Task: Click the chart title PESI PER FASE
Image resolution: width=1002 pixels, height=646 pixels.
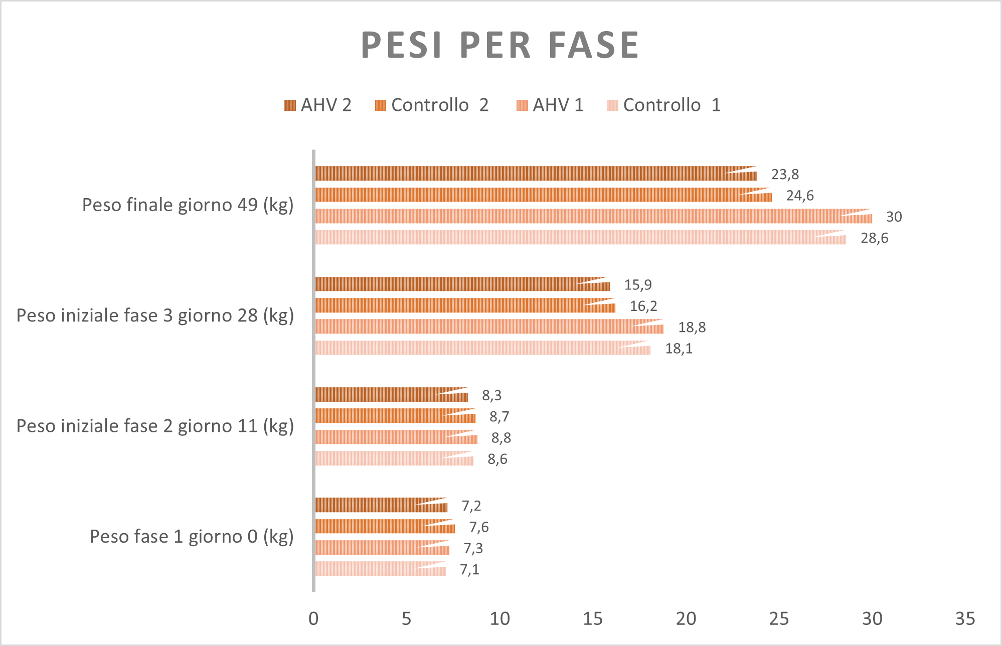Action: [x=500, y=45]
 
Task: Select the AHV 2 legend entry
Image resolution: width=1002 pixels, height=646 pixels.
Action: [x=318, y=105]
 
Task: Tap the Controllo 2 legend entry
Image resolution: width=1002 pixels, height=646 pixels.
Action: [x=431, y=105]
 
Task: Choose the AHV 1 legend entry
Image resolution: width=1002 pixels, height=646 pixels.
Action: [x=550, y=105]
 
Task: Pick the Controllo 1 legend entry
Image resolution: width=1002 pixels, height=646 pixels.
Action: [x=663, y=105]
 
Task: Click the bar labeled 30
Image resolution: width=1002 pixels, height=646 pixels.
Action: [x=592, y=216]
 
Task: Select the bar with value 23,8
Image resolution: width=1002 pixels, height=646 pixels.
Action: [x=534, y=174]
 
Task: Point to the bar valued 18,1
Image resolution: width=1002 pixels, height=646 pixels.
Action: [x=481, y=348]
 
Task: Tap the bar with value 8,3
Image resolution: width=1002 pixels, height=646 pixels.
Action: [x=391, y=395]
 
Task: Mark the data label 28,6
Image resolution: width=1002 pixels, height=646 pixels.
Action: [x=874, y=238]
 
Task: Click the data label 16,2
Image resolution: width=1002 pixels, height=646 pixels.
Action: [x=643, y=306]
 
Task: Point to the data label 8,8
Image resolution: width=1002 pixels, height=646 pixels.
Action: [x=501, y=438]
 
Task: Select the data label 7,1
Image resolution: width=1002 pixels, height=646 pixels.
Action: [x=469, y=570]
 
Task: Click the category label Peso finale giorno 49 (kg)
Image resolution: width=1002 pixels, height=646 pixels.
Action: [x=188, y=205]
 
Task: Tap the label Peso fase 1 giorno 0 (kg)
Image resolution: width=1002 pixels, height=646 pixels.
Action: [x=192, y=537]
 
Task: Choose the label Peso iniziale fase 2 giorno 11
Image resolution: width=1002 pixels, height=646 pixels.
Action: [x=155, y=426]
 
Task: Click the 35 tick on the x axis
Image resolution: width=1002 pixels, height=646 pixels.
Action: [x=965, y=619]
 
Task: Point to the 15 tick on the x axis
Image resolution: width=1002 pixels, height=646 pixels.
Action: [x=593, y=619]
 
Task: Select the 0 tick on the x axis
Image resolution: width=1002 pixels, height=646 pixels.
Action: [x=313, y=619]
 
